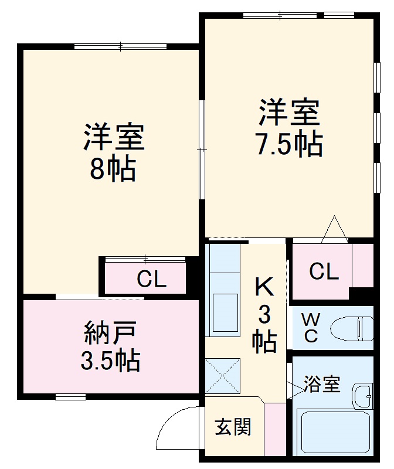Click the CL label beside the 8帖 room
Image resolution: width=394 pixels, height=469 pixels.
tap(151, 280)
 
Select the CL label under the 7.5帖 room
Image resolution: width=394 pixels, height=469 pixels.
tap(324, 271)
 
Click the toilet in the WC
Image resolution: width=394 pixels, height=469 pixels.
tap(352, 328)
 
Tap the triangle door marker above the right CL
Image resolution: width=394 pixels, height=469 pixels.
tap(335, 230)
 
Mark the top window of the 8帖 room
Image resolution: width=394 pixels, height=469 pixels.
tap(121, 46)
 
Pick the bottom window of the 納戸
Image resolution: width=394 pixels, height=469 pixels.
tap(70, 397)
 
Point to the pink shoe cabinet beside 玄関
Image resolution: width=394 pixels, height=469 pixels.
tap(274, 429)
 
